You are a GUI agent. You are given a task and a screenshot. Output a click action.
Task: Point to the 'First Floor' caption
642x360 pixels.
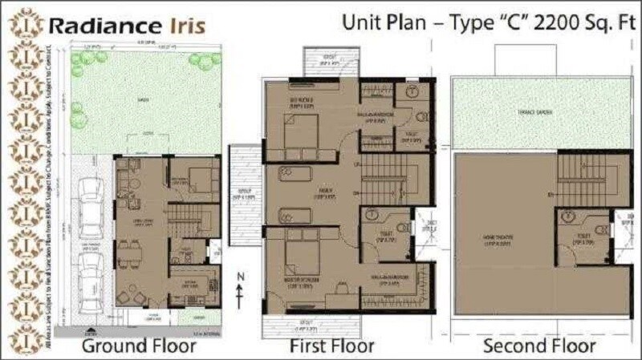tap(331, 346)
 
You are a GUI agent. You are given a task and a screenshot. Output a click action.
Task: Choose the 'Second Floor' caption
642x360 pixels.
tap(538, 346)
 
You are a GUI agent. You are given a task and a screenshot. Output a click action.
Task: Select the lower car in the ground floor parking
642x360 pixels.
tap(92, 273)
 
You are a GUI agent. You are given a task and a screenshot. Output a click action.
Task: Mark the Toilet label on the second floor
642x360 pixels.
tap(584, 237)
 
